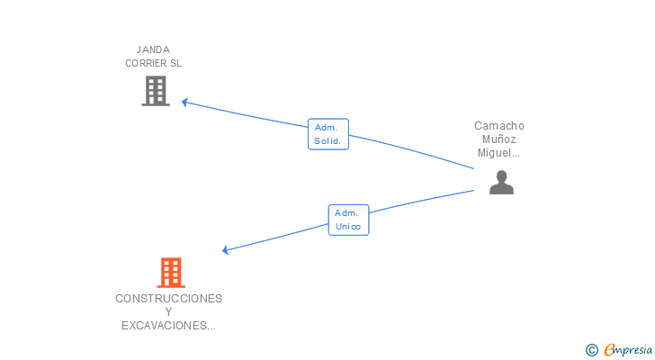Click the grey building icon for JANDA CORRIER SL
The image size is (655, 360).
(156, 90)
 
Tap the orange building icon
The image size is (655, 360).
(170, 272)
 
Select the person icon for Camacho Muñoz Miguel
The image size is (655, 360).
(501, 182)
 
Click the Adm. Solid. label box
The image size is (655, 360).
(327, 134)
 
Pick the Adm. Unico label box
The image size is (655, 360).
(348, 220)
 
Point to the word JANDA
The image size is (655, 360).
(153, 49)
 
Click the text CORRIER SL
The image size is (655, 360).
(153, 64)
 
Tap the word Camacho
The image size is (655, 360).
(499, 126)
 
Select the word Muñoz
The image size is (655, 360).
(499, 139)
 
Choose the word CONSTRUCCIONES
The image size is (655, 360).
(168, 298)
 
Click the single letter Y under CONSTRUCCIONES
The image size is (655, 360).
(168, 312)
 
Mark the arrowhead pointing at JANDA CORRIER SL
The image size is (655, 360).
(184, 102)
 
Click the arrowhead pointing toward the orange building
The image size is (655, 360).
(226, 250)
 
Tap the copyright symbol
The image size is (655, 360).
(591, 349)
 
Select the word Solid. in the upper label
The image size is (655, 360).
(327, 141)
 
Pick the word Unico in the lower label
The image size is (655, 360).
(348, 227)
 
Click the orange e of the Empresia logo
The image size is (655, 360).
(609, 349)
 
